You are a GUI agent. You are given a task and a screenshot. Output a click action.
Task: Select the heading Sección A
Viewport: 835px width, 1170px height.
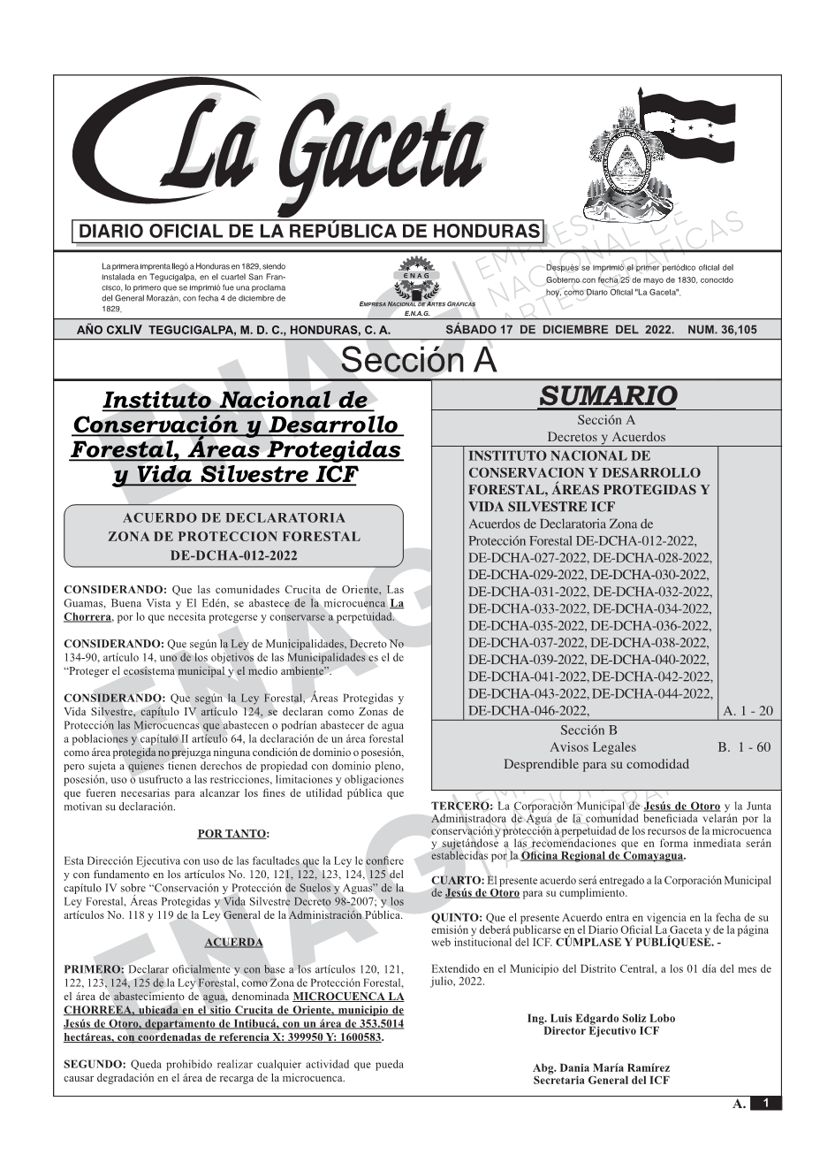click(418, 361)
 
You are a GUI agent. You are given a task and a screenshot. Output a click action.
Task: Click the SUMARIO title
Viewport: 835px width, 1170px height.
click(607, 395)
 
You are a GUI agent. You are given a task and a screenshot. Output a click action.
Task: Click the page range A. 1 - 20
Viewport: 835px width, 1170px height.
click(747, 710)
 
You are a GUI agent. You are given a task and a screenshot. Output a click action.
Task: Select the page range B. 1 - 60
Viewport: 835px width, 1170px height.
click(743, 747)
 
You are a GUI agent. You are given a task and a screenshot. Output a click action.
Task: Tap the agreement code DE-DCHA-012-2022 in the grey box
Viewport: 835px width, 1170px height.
click(233, 555)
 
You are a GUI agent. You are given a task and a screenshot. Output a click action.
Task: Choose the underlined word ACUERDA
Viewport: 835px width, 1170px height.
click(233, 943)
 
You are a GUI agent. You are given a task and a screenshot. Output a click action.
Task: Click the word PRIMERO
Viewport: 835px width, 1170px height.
click(93, 970)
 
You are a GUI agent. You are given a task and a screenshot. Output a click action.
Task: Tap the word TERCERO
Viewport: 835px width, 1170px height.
click(461, 807)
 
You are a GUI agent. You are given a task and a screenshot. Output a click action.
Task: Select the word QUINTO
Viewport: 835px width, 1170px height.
click(456, 918)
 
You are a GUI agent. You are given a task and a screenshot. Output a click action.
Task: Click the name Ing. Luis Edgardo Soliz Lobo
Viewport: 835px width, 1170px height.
click(601, 1019)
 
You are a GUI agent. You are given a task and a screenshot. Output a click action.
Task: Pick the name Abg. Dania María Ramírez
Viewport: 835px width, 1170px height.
click(601, 1068)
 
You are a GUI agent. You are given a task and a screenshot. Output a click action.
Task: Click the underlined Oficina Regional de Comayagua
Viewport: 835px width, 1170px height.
click(602, 856)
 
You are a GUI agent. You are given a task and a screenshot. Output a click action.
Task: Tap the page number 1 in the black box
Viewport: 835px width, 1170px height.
click(766, 1104)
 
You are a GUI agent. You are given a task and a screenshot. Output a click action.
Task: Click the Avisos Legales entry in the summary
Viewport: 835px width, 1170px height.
click(592, 747)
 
